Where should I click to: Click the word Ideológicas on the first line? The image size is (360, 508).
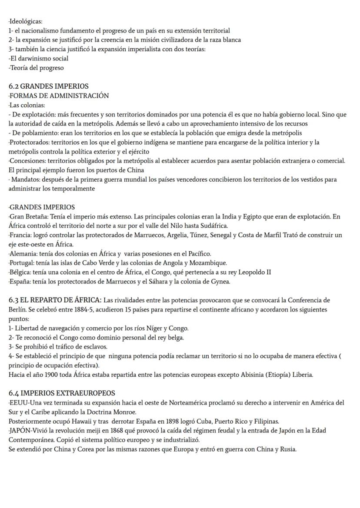click(x=26, y=21)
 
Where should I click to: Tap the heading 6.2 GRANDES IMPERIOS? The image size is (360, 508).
click(x=49, y=86)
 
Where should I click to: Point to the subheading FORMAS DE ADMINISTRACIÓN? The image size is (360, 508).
click(x=59, y=96)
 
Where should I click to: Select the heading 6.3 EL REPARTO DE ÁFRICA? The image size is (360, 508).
click(x=55, y=300)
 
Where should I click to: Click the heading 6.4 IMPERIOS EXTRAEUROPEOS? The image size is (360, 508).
click(x=62, y=393)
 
